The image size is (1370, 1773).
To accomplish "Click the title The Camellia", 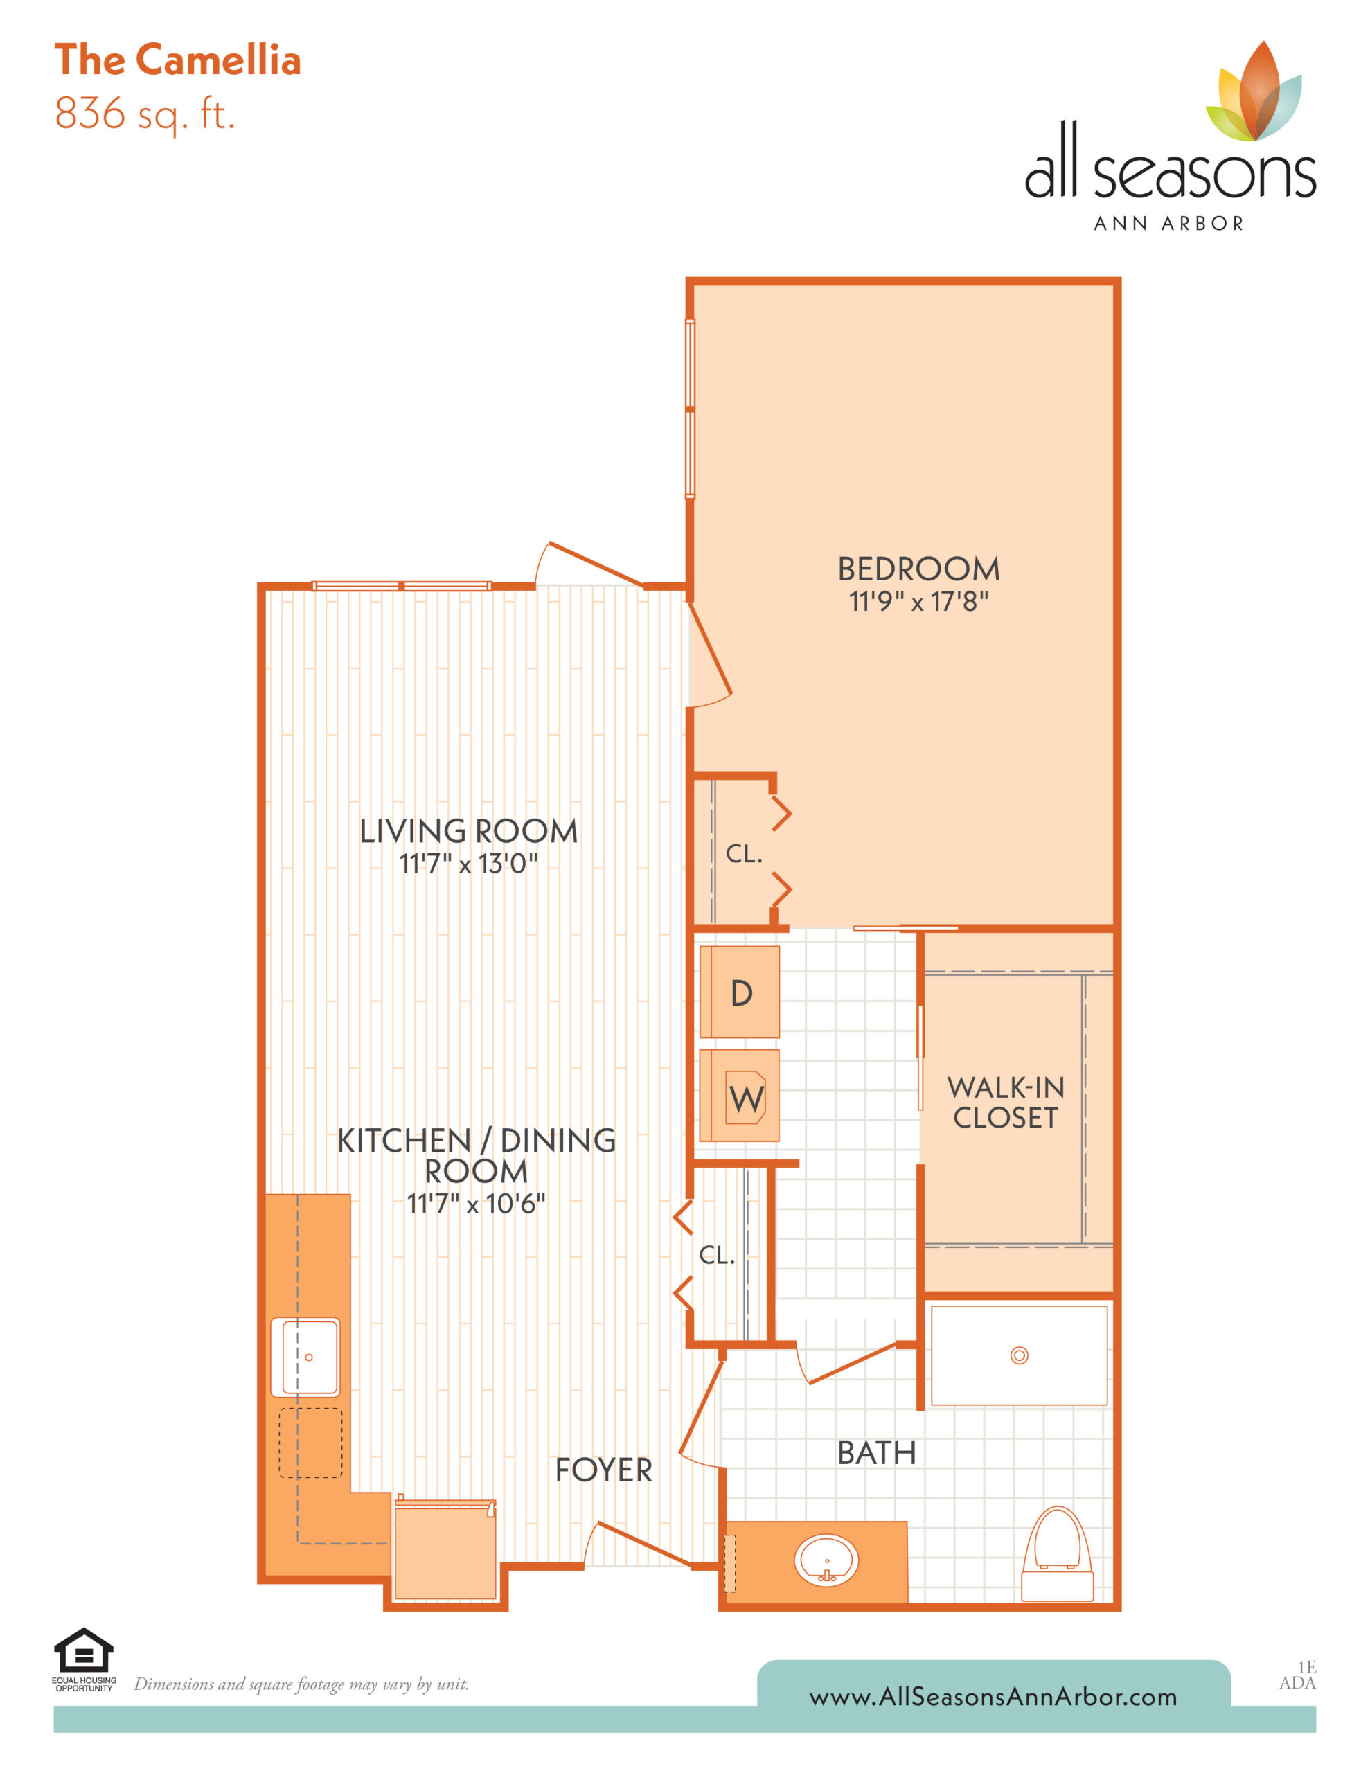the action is tap(178, 60).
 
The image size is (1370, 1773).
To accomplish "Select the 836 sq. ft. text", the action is tap(145, 114).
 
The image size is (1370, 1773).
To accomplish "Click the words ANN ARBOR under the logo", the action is tap(1168, 223).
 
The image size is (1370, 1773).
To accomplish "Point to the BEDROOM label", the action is tap(918, 569).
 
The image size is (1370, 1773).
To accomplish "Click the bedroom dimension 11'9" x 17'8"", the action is tap(918, 602).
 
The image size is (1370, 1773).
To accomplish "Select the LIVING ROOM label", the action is tap(469, 831).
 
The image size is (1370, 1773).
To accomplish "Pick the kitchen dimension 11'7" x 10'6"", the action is tap(476, 1203).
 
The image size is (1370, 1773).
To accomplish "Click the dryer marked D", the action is tap(739, 992).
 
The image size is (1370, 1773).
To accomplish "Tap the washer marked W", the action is tap(739, 1096).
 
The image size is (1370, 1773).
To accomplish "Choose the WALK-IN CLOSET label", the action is tap(1006, 1103).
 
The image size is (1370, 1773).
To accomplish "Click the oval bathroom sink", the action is tap(826, 1560).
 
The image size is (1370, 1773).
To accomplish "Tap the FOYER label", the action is tap(603, 1470).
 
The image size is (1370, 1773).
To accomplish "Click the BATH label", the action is tap(876, 1453).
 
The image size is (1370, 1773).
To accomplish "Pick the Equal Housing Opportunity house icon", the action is tap(84, 1650).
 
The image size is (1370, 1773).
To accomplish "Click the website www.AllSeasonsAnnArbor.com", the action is tap(993, 1697).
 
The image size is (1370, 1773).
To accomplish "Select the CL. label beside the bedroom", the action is tap(744, 853).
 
